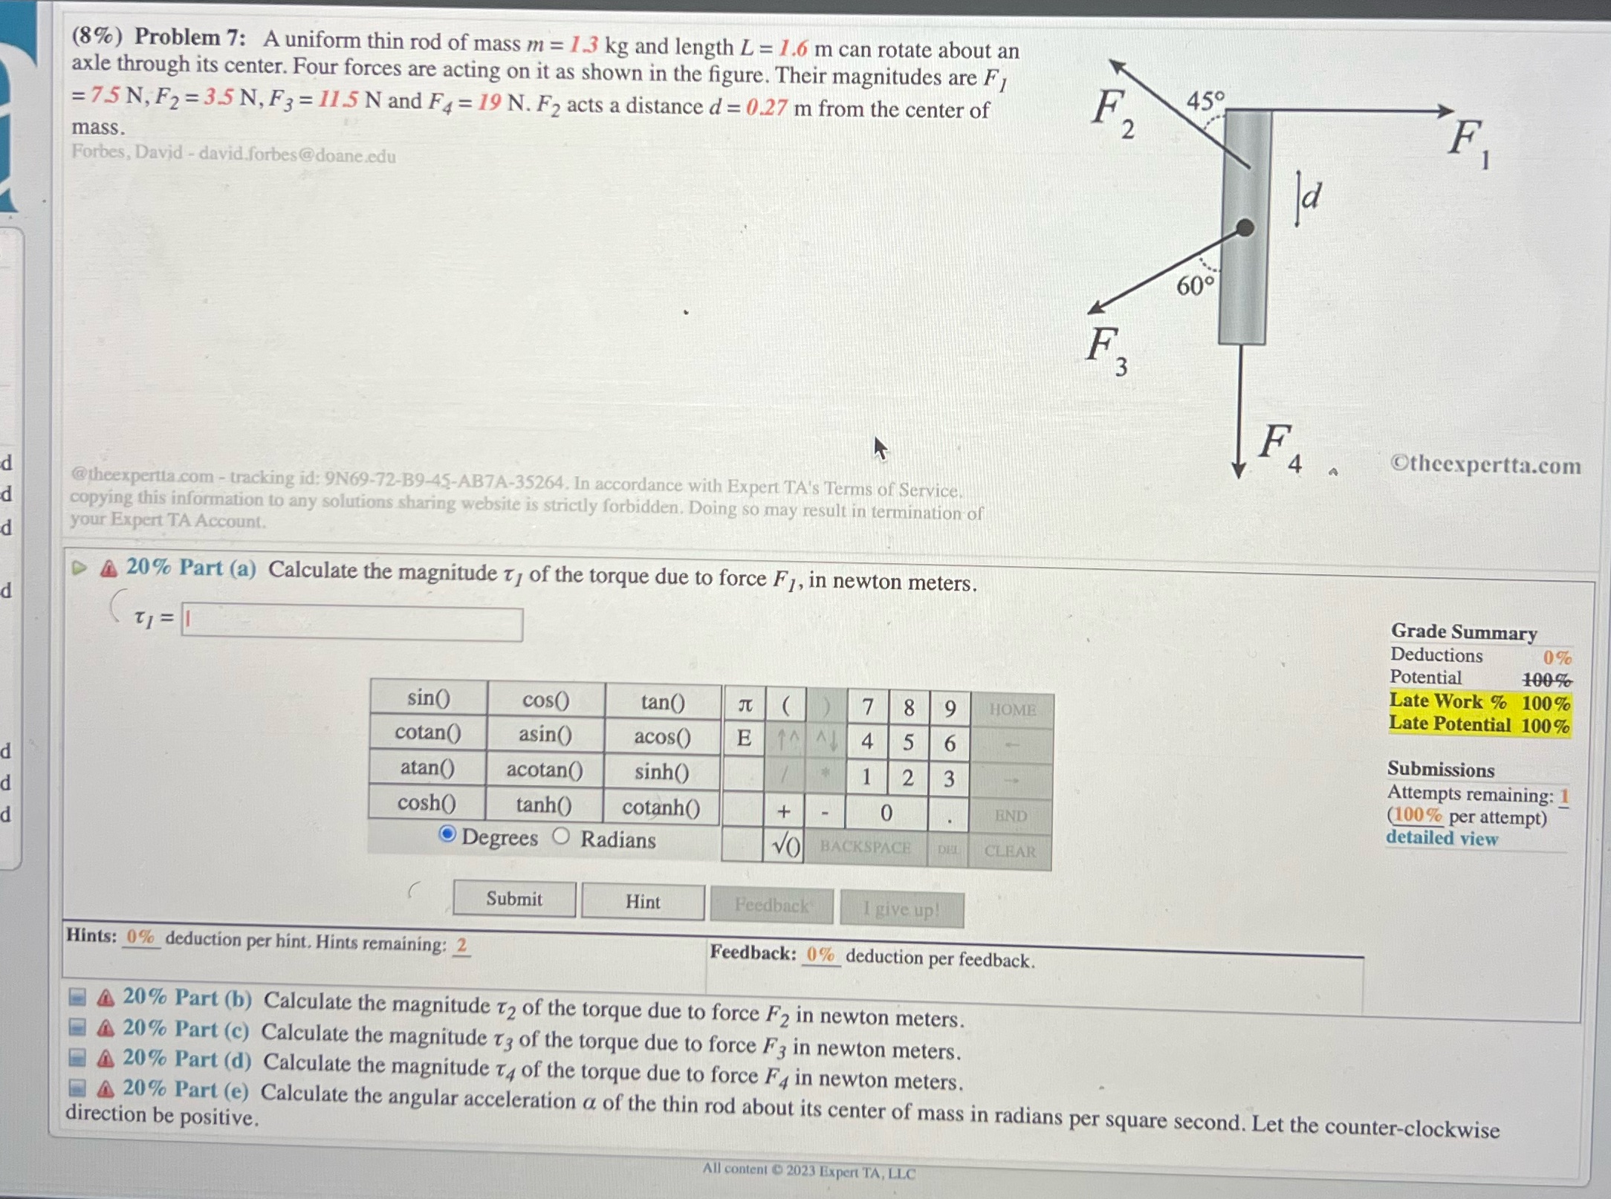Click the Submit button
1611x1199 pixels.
514,899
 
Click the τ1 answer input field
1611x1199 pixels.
352,623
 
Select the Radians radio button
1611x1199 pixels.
562,836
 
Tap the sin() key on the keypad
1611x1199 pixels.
428,698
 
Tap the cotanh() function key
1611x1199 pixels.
661,807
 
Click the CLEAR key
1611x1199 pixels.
1010,851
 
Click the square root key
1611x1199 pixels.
785,845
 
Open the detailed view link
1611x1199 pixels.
1441,838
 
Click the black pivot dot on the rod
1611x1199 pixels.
1245,227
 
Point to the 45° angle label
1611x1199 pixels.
1205,100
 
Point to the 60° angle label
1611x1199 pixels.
1195,285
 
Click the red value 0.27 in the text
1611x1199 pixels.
766,108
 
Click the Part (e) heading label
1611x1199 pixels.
186,1089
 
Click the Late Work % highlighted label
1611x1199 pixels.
1448,701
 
